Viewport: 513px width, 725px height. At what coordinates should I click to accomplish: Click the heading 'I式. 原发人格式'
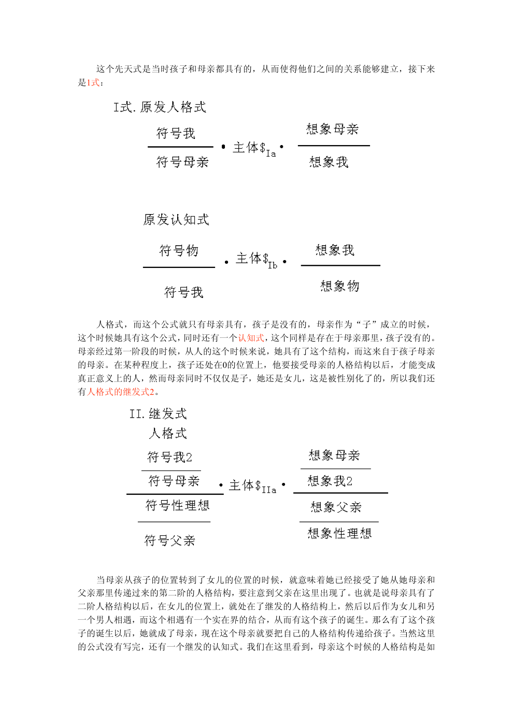coord(160,107)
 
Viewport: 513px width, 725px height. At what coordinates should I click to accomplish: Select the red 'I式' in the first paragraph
coord(93,82)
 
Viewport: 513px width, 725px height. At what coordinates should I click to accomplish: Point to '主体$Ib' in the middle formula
coord(256,259)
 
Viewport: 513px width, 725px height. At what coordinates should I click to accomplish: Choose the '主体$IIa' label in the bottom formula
coord(252,486)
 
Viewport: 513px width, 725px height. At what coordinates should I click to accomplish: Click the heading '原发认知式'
coord(176,220)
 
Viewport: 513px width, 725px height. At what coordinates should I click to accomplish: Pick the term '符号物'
coord(179,251)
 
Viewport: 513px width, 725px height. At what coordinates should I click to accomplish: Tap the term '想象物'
coord(340,286)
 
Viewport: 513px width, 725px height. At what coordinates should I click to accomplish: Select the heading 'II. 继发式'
coord(158,414)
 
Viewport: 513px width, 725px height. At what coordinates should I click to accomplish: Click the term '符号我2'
coord(170,457)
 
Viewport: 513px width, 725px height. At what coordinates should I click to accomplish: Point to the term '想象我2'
coord(330,481)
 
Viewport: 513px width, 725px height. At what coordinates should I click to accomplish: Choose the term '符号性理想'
coord(177,505)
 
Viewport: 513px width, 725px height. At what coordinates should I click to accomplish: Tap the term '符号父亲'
coord(170,541)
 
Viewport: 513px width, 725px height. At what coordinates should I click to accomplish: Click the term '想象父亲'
coord(336,507)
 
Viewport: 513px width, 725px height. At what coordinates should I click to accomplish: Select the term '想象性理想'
coord(339,533)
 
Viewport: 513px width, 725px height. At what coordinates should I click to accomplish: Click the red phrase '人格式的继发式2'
coord(120,392)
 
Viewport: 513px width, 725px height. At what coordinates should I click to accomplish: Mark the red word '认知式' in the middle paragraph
coord(251,338)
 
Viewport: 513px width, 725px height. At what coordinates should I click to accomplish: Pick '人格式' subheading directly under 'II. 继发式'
coord(168,433)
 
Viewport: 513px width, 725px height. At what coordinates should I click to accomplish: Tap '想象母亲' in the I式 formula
coord(333,129)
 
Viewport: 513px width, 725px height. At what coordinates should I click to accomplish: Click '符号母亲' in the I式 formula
coord(182,162)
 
